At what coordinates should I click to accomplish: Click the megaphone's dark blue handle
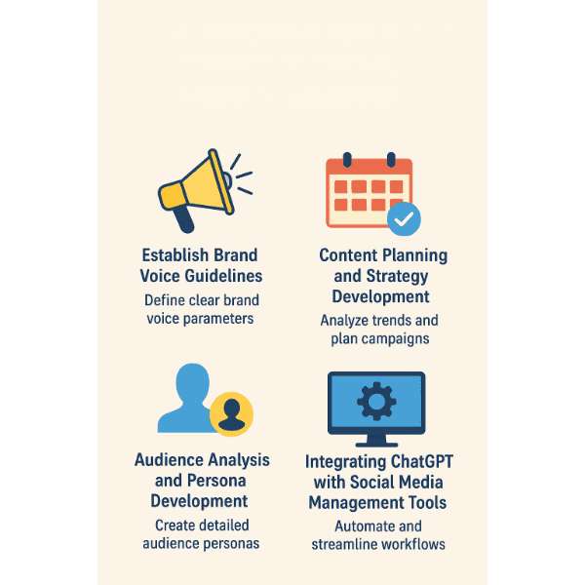click(x=184, y=218)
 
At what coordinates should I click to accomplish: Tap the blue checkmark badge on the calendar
click(x=404, y=219)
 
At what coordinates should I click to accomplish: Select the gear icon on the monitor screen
click(x=376, y=402)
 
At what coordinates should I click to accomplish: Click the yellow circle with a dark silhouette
click(x=231, y=414)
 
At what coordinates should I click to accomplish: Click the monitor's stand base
click(x=376, y=445)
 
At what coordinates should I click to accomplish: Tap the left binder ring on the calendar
click(x=347, y=160)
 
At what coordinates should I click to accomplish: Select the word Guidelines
click(x=223, y=277)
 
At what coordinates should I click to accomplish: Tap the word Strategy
click(x=397, y=277)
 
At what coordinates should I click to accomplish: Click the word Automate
click(x=359, y=526)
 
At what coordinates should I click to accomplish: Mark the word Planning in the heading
click(x=415, y=256)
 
